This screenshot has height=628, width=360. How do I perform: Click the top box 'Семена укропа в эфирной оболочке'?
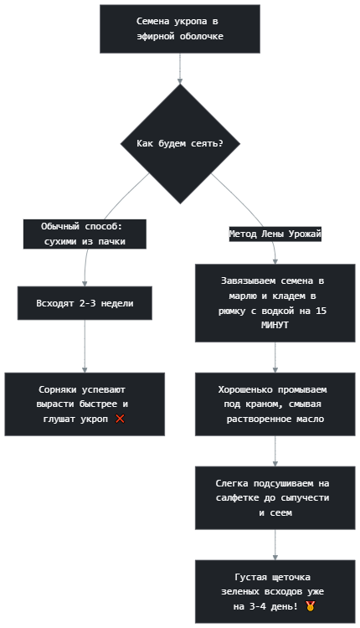180,28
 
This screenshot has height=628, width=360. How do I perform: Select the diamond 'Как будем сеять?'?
180,144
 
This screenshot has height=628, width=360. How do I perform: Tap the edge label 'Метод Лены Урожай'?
275,234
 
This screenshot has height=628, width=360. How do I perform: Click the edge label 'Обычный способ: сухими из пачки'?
85,234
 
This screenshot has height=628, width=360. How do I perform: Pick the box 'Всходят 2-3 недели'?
85,303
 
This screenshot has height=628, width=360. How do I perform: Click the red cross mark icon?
120,419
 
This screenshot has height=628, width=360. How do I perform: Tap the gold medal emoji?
310,606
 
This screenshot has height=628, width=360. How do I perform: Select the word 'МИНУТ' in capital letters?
275,325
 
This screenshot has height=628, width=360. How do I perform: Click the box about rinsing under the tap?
275,404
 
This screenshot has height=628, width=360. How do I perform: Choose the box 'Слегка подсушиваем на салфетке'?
275,498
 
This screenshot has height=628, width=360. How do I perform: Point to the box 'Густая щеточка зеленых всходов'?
275,591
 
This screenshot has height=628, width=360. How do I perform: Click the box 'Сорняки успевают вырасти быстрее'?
85,404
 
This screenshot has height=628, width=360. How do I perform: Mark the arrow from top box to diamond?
180,69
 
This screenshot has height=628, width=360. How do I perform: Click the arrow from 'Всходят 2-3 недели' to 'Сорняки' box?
85,347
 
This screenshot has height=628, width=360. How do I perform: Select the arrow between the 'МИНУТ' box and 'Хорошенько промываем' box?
275,358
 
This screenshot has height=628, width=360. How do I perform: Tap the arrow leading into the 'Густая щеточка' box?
275,545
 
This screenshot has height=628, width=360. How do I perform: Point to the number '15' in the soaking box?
321,311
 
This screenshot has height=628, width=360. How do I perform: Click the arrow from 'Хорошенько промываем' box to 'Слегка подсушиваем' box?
275,451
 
